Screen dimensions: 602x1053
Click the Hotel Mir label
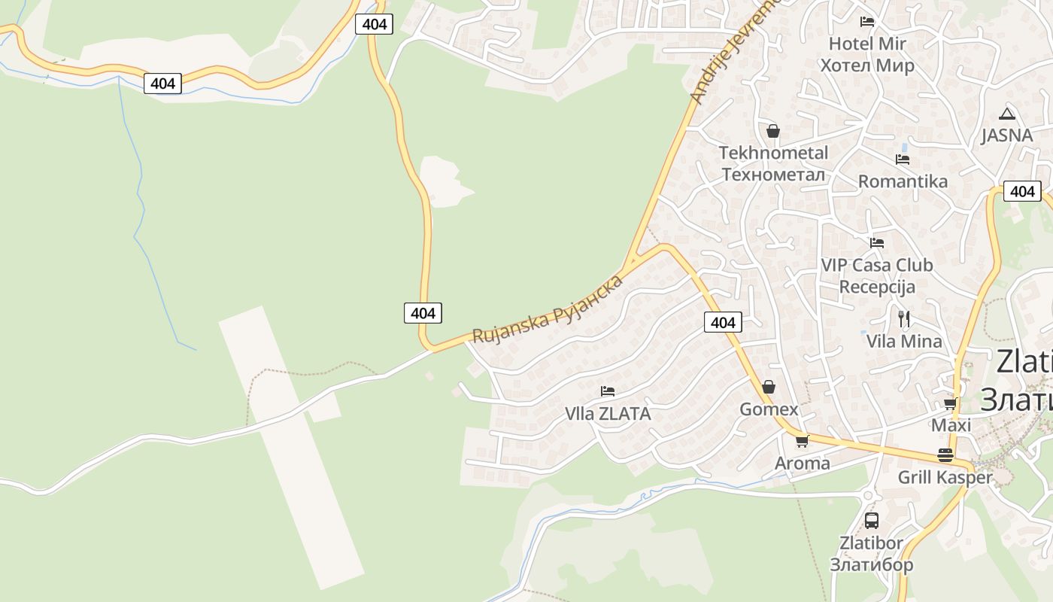[x=867, y=54]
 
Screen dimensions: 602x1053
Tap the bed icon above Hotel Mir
[x=867, y=21]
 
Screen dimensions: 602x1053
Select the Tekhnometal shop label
[x=773, y=163]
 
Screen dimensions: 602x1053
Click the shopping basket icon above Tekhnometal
[x=773, y=131]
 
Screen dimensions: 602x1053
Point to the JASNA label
[x=1007, y=135]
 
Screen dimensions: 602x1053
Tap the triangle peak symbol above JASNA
[x=1007, y=114]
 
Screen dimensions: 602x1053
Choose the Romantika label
[x=903, y=181]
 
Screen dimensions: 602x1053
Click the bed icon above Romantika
[x=903, y=160]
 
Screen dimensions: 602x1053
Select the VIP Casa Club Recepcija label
[x=877, y=275]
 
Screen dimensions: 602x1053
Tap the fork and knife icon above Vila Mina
[x=904, y=319]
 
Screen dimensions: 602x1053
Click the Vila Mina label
[x=904, y=342]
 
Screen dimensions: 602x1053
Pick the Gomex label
[x=769, y=409]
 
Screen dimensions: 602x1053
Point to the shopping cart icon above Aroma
[x=803, y=442]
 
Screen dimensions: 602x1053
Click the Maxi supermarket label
[x=951, y=425]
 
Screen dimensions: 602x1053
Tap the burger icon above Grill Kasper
[x=945, y=455]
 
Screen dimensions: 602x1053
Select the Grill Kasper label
[x=945, y=477]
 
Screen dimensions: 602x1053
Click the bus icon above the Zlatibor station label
[x=872, y=520]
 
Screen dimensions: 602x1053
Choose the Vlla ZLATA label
[x=608, y=414]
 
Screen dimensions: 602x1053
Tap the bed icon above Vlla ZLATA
[x=608, y=391]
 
